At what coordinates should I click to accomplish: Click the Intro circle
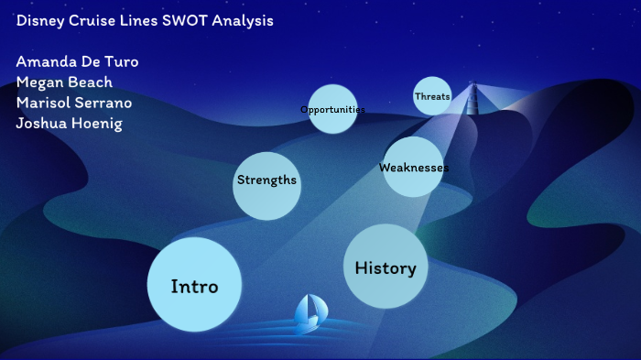click(x=195, y=284)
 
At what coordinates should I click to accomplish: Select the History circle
click(x=386, y=267)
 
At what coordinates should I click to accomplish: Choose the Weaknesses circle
click(x=413, y=167)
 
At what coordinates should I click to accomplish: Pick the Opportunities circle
click(x=332, y=109)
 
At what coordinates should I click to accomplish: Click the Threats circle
click(x=432, y=96)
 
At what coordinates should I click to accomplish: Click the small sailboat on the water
click(x=308, y=313)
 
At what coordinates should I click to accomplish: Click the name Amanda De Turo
click(x=78, y=61)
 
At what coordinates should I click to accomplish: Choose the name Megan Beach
click(x=64, y=82)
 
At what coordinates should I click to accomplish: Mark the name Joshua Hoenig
click(x=70, y=123)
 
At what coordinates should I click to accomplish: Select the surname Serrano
click(x=104, y=102)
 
